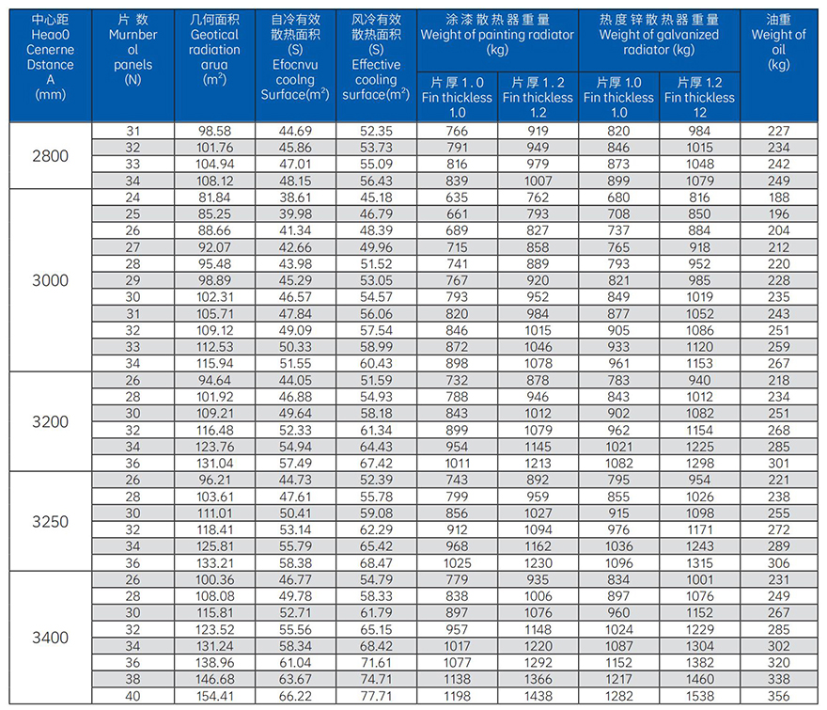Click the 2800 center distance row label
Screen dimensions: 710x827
[51, 156]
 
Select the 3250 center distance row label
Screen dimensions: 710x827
[51, 522]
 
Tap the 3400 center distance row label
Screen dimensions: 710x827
[51, 638]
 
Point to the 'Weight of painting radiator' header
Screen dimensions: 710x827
[497, 35]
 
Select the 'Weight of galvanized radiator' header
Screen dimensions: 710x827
[659, 35]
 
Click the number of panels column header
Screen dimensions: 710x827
[133, 50]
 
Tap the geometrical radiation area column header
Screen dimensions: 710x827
[214, 50]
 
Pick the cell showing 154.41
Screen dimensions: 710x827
[214, 697]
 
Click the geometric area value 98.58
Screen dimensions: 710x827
[214, 131]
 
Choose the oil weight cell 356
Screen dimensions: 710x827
[778, 697]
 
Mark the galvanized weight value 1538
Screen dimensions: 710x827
[699, 697]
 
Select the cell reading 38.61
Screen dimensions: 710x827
[295, 197]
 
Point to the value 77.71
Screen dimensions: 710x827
[376, 697]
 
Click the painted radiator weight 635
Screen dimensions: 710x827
[457, 197]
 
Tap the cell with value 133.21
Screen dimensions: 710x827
[214, 563]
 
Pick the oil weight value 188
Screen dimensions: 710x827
[778, 197]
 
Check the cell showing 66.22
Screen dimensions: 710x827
[295, 697]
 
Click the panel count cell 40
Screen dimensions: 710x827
[133, 697]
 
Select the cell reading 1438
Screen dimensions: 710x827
[538, 697]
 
